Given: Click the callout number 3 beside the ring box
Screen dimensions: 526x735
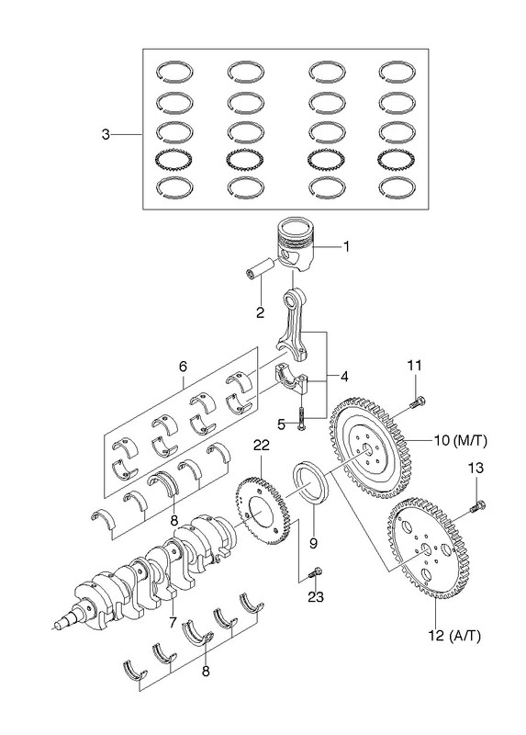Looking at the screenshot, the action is [106, 134].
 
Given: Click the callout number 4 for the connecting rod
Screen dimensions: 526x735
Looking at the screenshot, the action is [344, 376].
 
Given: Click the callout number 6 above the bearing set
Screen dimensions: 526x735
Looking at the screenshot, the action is [183, 366].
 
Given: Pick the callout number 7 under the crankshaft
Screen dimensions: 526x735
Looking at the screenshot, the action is [173, 623].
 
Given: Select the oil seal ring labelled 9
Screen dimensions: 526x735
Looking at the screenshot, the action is [311, 483].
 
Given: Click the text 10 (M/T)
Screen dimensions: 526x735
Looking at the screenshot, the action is [461, 440].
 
